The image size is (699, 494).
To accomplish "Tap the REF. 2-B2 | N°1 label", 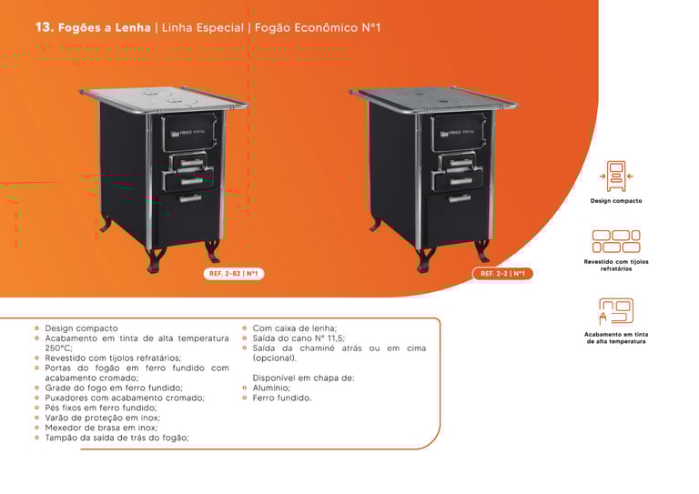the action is [x=234, y=273].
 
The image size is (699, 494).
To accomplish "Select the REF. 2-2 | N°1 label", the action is [x=502, y=273].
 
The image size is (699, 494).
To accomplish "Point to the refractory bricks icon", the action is [x=616, y=241].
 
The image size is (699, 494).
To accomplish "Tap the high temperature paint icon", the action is [x=616, y=311].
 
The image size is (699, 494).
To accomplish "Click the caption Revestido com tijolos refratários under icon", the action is [x=616, y=267].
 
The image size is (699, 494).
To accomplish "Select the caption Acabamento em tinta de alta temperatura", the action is [x=616, y=338].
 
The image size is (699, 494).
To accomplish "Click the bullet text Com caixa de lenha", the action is [x=295, y=328].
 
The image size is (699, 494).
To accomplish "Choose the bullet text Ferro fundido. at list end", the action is [x=282, y=398].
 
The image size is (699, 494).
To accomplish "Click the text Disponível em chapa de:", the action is [x=303, y=378].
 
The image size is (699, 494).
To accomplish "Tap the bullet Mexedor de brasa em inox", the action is [x=101, y=427].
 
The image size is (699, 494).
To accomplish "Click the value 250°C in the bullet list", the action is [x=58, y=348].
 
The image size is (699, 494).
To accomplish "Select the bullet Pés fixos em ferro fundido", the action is [x=101, y=408].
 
